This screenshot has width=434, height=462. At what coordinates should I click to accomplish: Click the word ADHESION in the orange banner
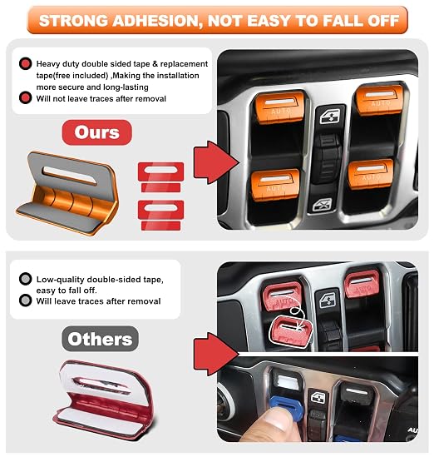coord(157,21)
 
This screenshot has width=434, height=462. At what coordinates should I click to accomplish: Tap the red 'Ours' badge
coord(96,132)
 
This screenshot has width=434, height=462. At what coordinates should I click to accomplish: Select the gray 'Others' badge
coord(100,339)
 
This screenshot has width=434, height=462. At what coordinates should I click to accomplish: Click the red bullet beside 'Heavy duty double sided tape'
coord(26,63)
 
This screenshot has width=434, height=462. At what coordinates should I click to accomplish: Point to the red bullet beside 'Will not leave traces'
coord(26,98)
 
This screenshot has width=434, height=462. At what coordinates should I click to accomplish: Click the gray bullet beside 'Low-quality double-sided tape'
coord(25,278)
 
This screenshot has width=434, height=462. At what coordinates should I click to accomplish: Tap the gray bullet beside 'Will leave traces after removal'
coord(25,301)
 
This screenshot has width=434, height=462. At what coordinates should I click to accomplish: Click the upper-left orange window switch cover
coord(279,107)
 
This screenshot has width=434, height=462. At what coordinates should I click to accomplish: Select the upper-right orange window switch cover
coord(380,100)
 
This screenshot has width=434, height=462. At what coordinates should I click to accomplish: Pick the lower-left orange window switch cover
coord(275,184)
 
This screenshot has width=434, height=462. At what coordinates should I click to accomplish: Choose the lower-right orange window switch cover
coord(370,174)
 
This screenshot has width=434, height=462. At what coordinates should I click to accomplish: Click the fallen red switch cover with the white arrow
coord(291,330)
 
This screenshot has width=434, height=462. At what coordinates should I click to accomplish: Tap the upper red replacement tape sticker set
coord(160,176)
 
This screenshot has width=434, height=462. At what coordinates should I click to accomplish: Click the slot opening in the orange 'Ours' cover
coord(70,176)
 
